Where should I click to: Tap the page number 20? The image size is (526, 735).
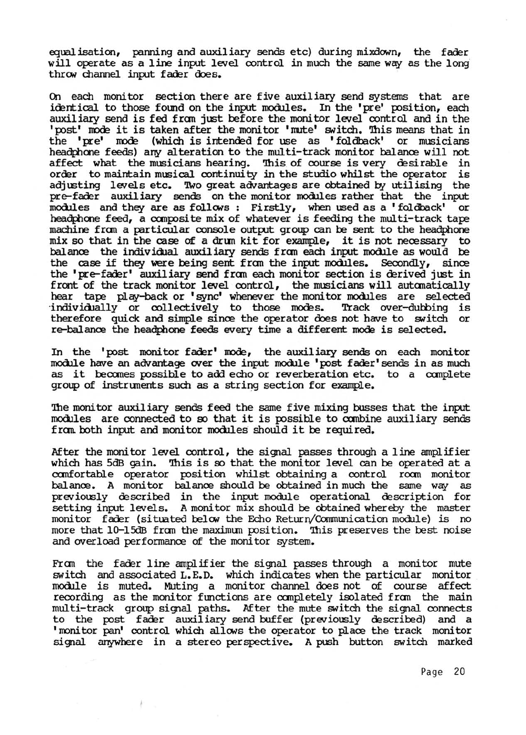(459, 672)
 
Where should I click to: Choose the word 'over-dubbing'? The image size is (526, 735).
(417, 308)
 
